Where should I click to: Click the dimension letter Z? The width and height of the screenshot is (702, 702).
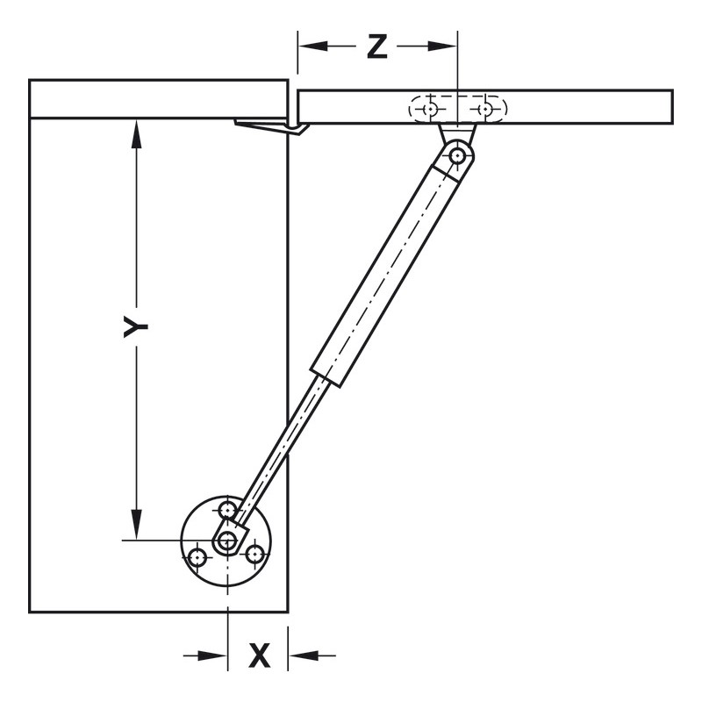click(376, 47)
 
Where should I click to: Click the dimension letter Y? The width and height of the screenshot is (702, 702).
click(134, 327)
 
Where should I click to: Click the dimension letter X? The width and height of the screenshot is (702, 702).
click(259, 655)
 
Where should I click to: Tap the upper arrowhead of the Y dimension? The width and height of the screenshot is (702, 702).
click(135, 133)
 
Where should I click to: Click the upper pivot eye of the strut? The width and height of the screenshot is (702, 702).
click(457, 156)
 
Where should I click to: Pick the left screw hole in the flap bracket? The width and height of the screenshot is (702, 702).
click(430, 109)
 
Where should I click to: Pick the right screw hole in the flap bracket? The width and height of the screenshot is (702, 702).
click(484, 109)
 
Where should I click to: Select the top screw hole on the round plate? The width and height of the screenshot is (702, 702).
click(228, 510)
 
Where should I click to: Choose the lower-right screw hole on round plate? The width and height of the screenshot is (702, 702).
click(254, 555)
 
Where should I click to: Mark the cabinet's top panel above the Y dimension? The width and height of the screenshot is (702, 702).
click(158, 98)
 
